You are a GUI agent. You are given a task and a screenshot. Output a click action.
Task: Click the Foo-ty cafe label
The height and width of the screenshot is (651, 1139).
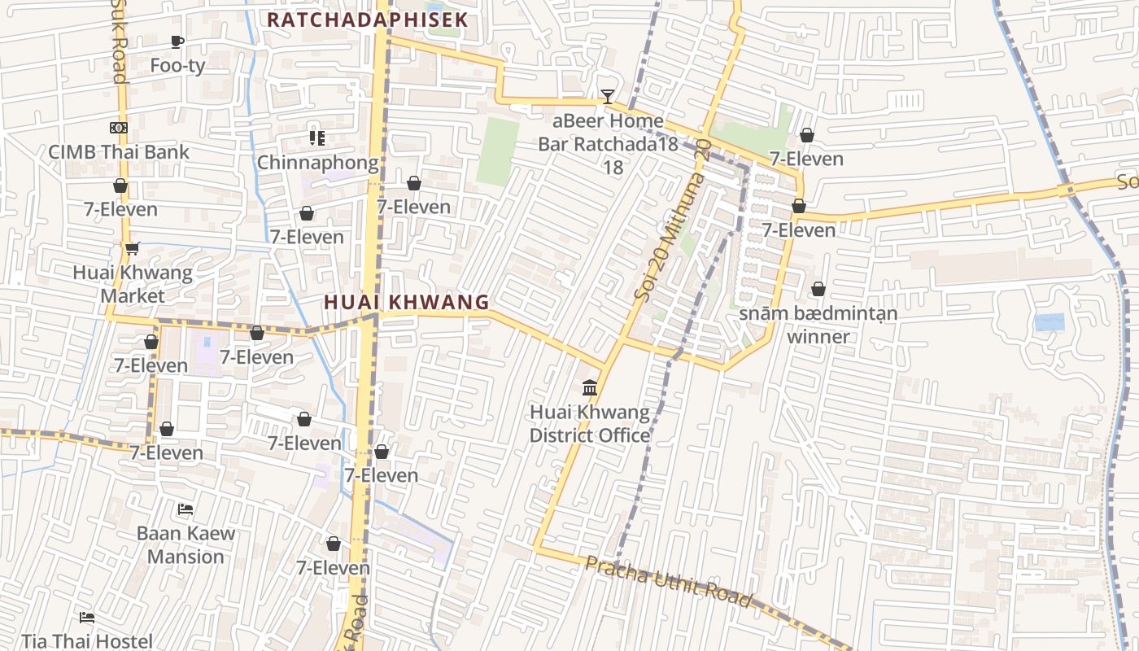[x=177, y=65]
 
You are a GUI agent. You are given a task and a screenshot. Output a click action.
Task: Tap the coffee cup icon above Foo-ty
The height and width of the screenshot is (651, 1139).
[x=177, y=42]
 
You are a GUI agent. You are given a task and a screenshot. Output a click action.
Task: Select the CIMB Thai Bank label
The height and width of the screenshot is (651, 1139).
[x=119, y=151]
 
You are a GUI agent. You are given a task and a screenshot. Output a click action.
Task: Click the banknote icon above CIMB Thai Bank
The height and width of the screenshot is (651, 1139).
[x=119, y=128]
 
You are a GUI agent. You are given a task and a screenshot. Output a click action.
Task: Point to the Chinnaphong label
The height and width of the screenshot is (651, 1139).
[x=318, y=163]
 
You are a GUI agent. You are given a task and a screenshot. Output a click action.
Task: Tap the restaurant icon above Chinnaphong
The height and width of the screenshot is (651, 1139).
[x=317, y=138]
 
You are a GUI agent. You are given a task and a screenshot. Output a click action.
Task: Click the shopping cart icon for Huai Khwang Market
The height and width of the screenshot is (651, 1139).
[x=132, y=248]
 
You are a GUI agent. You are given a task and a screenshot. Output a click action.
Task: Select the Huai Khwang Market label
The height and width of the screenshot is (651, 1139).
[x=133, y=284]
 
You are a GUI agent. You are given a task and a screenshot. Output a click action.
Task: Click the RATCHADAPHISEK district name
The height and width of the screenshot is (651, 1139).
[x=368, y=20]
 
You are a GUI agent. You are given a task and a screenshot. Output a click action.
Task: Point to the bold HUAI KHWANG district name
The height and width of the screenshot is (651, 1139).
[x=407, y=302]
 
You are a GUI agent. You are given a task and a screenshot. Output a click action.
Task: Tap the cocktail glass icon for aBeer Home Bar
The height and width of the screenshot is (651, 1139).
[x=607, y=97]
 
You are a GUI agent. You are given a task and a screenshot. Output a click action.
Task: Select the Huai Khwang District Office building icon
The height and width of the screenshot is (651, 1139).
[x=590, y=387]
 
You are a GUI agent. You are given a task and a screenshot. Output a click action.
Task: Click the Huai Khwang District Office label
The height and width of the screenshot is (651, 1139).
[x=590, y=424]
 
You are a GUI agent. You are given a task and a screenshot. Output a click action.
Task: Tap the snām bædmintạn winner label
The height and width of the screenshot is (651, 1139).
[x=818, y=325]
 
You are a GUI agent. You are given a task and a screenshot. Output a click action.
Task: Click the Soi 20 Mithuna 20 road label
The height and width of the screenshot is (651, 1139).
[x=672, y=220]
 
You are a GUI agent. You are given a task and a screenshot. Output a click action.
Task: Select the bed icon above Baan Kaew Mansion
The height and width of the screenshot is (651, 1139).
[x=185, y=509]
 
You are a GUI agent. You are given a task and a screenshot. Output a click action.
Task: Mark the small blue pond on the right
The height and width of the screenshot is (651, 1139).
[x=1049, y=322]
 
